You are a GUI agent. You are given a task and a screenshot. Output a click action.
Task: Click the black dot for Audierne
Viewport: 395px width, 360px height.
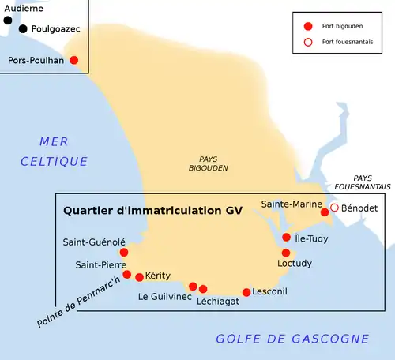[x=8, y=21]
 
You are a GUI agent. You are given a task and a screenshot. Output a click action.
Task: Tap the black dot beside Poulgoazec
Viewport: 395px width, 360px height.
[x=23, y=29]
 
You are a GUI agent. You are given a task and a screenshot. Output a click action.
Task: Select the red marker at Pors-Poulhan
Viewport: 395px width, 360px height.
[x=74, y=60]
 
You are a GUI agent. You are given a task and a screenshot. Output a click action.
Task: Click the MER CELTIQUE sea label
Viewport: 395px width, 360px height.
[x=52, y=151]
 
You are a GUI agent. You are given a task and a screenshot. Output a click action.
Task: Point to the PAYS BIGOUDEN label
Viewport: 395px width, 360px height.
[x=208, y=163]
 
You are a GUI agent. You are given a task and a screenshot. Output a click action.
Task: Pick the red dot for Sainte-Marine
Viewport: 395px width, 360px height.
[x=324, y=212]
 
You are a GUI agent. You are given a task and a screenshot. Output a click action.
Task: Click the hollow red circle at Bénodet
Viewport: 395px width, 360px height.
[x=334, y=208]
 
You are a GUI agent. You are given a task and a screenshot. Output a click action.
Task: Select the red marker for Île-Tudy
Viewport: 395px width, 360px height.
[x=286, y=237]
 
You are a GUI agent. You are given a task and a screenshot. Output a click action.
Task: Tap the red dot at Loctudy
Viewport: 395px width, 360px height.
[x=286, y=253]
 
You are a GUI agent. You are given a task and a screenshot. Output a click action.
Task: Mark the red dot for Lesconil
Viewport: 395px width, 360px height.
[x=246, y=292]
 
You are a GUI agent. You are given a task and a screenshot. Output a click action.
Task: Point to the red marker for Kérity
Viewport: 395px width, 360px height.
[x=140, y=277]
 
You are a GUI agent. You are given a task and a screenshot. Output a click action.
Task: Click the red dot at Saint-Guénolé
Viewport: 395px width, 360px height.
[x=123, y=253]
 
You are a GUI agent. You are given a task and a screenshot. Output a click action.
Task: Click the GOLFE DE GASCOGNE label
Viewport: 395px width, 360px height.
[x=292, y=339]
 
